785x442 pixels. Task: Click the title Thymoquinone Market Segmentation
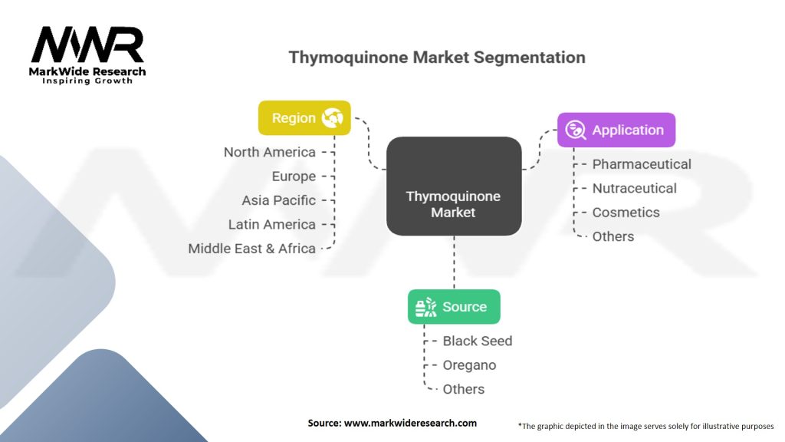(436, 58)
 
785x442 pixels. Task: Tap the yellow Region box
(304, 118)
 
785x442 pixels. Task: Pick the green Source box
(453, 307)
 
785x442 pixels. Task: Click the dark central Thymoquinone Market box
(453, 186)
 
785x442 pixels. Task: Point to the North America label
(269, 152)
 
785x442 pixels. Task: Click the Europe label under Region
(294, 176)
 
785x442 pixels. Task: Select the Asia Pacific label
(278, 200)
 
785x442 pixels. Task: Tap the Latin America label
(271, 225)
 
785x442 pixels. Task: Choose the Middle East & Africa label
(251, 249)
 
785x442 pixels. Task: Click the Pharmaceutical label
(642, 164)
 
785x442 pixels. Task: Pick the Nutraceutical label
(634, 188)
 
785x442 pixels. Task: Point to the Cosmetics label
(626, 213)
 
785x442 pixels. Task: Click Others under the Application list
(613, 236)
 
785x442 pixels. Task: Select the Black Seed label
(477, 341)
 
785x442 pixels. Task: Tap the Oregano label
(469, 365)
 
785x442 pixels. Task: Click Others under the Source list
(463, 389)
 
